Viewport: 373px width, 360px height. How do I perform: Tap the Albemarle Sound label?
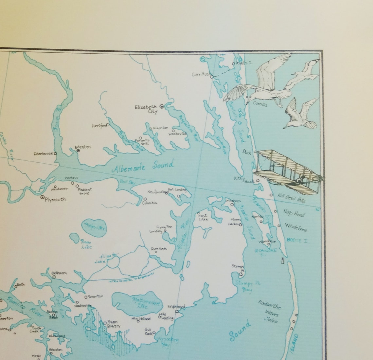point(143,167)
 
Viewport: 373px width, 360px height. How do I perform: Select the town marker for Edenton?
point(78,151)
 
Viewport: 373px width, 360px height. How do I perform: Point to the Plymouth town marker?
point(43,197)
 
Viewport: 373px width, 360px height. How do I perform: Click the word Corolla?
point(260,104)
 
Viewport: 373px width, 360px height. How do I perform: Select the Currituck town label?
point(200,74)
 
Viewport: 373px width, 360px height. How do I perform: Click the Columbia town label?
point(150,203)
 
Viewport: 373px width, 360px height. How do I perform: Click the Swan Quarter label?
point(113,324)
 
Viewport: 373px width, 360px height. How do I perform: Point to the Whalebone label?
point(296,227)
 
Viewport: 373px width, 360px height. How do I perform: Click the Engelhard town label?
point(176,307)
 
